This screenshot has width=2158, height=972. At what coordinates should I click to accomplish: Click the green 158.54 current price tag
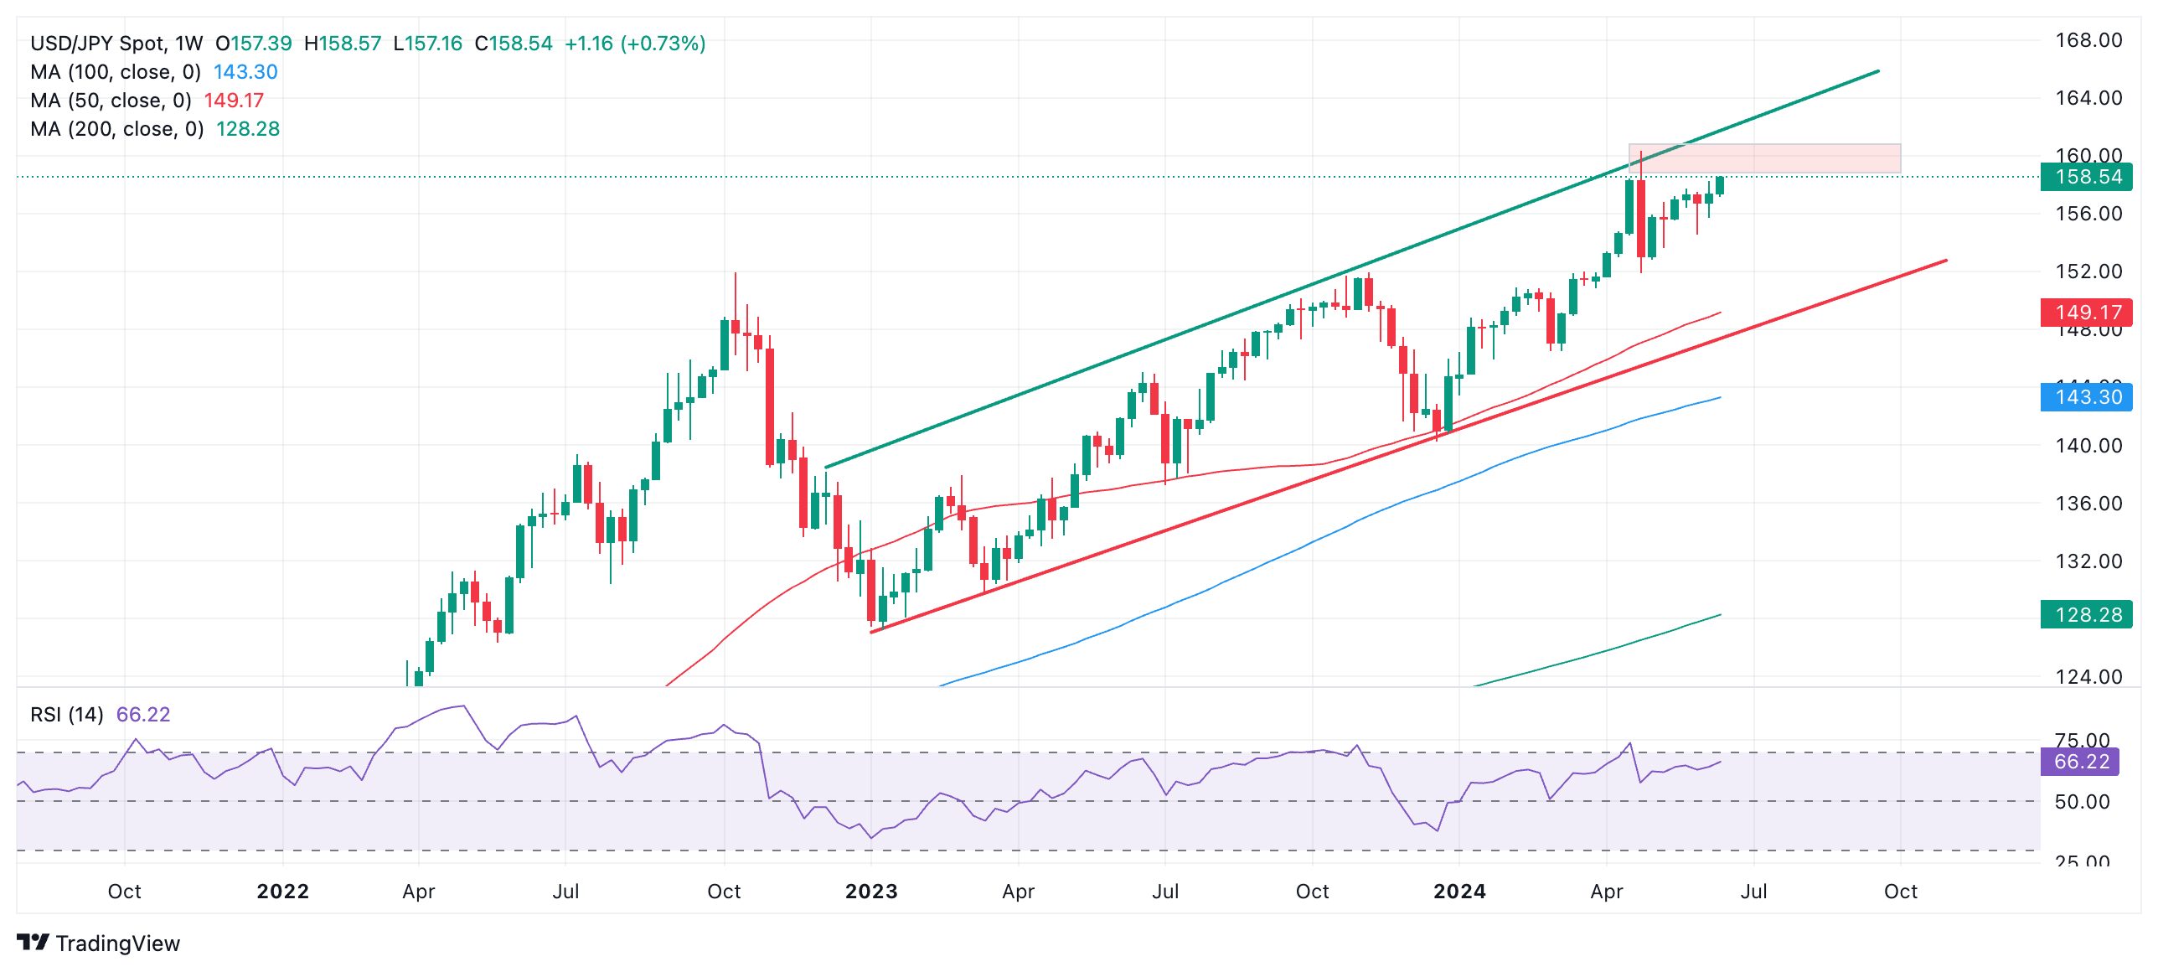2086,177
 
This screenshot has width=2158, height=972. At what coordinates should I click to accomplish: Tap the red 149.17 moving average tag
2086,313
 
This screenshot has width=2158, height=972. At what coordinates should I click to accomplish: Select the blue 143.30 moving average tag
2086,397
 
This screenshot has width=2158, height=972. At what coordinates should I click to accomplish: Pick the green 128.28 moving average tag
2086,615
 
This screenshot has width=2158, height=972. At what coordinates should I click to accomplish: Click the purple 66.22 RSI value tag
2081,762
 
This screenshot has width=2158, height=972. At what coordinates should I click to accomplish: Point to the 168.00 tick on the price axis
2088,40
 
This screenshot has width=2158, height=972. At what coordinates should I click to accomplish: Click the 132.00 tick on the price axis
2088,561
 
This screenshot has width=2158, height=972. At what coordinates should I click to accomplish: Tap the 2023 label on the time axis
871,892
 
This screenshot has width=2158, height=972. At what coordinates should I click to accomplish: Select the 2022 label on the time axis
282,892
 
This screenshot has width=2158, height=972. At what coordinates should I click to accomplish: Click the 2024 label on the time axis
1459,892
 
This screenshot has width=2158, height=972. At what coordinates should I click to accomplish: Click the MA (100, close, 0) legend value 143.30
245,72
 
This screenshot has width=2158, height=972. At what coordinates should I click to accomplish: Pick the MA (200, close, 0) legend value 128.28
248,129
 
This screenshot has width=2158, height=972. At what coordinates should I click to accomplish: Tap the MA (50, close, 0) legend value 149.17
234,101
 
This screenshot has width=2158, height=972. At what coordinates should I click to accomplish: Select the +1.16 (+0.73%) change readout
635,44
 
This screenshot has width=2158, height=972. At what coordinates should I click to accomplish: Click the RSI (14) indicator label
67,715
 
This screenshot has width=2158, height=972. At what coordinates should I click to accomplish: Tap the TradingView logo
99,944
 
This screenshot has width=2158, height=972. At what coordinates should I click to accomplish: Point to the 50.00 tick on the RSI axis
2082,802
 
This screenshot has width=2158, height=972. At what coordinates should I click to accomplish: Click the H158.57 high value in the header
343,44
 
